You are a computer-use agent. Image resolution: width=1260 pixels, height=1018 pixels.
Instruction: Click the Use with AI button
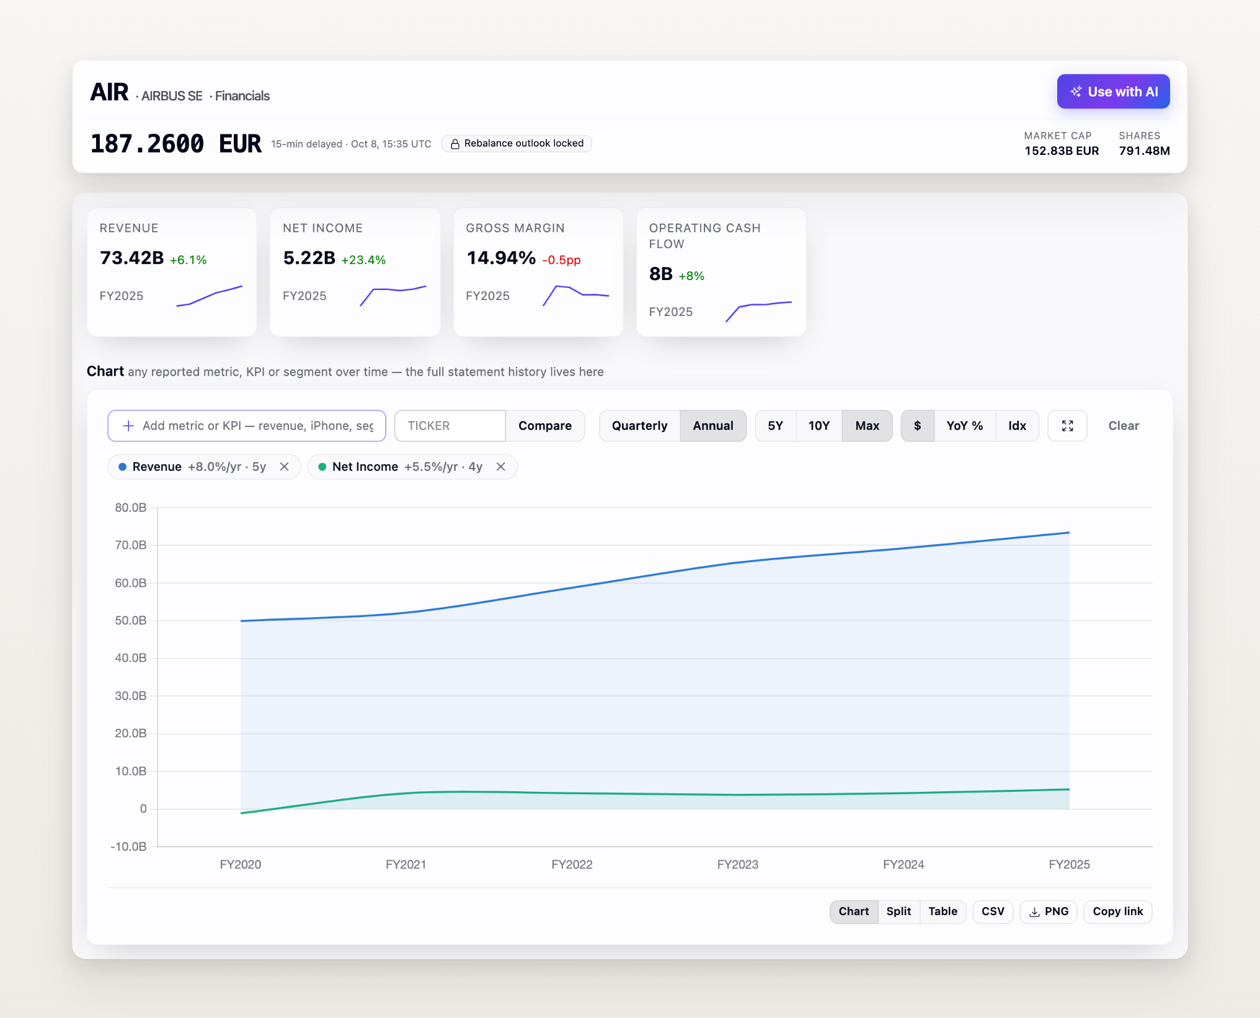[x=1113, y=92]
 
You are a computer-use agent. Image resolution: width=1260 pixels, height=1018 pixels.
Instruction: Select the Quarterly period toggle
[x=639, y=426]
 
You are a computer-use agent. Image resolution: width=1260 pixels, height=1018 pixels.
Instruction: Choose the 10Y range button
[x=819, y=426]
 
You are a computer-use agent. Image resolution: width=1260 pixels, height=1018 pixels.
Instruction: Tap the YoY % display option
[x=964, y=426]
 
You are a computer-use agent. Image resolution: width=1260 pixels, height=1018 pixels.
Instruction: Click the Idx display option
[x=1017, y=426]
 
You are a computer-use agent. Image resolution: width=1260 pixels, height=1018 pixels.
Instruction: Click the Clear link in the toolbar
[x=1124, y=426]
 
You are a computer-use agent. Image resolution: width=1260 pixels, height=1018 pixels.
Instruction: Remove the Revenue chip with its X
[x=285, y=467]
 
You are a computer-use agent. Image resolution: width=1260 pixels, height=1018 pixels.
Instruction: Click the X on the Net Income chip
[x=501, y=467]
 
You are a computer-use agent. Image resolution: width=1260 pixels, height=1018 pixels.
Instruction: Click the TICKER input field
[x=450, y=426]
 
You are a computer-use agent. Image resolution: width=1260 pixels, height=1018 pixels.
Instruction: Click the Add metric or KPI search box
[x=247, y=426]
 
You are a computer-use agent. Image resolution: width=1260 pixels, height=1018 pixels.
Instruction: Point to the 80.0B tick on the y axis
[x=130, y=507]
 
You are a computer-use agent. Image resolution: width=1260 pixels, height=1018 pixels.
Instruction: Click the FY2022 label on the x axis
[x=572, y=864]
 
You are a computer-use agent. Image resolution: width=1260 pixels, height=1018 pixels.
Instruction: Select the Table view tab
[x=943, y=911]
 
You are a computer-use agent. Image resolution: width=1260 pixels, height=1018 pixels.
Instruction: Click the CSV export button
[x=993, y=911]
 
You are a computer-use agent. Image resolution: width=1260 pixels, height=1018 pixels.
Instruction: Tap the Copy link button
[x=1117, y=911]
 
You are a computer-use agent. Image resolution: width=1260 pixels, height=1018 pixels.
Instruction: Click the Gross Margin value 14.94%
[x=501, y=258]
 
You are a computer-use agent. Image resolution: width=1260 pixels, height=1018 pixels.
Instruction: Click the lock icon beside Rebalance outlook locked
[x=455, y=144]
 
